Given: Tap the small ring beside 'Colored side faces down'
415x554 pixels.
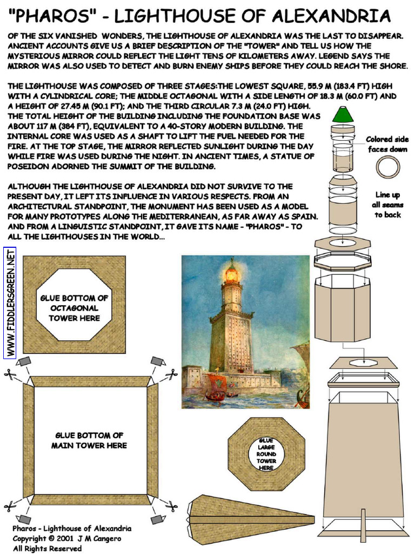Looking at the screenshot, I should point(387,167).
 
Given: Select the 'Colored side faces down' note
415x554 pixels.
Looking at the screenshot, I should point(387,144).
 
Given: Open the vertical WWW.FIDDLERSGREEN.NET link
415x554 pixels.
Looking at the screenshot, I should point(10,302).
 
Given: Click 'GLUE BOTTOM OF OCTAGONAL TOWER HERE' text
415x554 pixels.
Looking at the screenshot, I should point(74,308).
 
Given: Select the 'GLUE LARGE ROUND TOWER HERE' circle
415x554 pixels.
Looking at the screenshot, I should point(266,454).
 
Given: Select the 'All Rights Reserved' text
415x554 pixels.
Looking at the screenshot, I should point(48,548).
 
